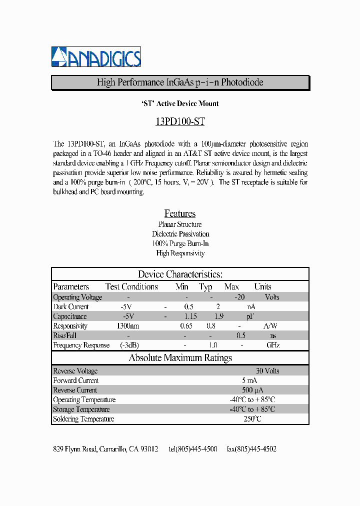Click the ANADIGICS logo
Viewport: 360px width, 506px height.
[x=96, y=57]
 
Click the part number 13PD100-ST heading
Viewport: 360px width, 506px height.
[x=180, y=121]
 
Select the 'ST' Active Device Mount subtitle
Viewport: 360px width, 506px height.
[x=180, y=103]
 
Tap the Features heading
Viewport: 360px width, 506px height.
[x=180, y=213]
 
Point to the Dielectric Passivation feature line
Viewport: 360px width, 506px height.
[x=180, y=234]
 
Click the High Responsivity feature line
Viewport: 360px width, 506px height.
[x=180, y=253]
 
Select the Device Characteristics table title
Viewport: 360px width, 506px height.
[x=180, y=274]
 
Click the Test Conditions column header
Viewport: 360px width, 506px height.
[x=131, y=286]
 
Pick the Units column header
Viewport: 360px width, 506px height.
[x=262, y=286]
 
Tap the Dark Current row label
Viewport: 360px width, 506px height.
[x=70, y=306]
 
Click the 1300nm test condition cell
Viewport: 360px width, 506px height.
[x=128, y=326]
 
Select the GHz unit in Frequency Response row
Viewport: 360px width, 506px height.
[x=272, y=345]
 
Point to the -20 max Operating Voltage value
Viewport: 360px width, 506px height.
[x=239, y=297]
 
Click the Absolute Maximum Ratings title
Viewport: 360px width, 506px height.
[x=180, y=357]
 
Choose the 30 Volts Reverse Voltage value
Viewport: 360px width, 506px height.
[x=267, y=371]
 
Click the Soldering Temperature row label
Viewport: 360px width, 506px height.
[x=83, y=419]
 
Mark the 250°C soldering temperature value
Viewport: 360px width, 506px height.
[x=252, y=418]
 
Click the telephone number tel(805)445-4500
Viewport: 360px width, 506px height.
[x=193, y=449]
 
